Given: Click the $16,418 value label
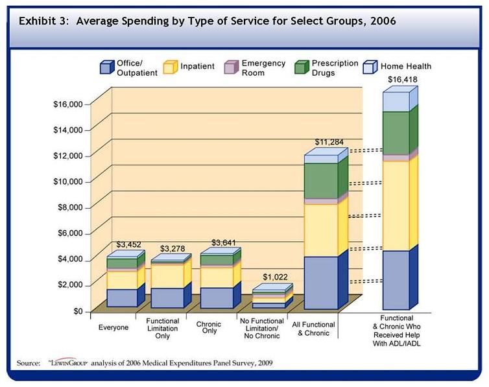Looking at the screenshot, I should click(x=400, y=80).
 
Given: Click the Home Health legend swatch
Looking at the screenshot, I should click(x=369, y=67).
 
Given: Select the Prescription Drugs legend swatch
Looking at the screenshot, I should click(x=301, y=67).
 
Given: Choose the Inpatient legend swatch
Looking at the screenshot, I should click(x=170, y=67).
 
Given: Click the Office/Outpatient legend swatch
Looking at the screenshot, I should click(x=107, y=67).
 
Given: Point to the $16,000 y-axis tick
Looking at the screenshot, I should click(x=68, y=104).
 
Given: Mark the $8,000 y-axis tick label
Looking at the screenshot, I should click(x=70, y=207).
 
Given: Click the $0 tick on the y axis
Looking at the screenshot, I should click(x=77, y=311).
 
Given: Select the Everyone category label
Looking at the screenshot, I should click(x=113, y=327).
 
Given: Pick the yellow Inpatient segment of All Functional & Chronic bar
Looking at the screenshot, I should click(x=321, y=230).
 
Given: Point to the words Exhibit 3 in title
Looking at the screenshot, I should click(x=43, y=20).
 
